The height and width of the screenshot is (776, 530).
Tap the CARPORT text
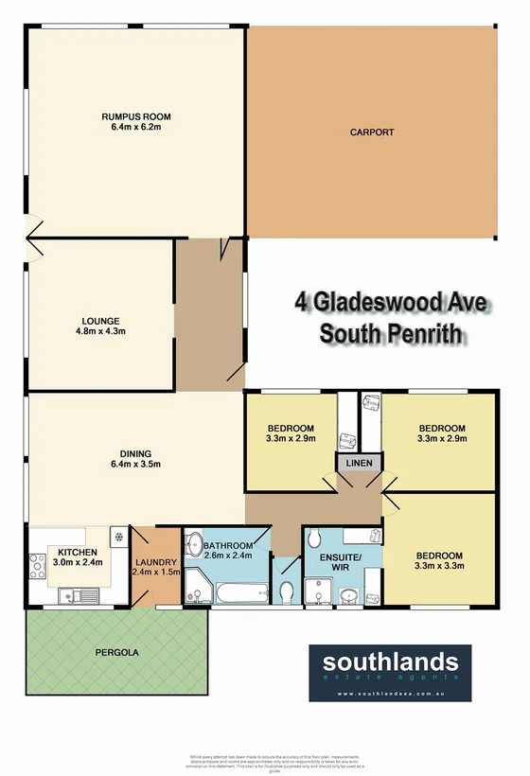371,132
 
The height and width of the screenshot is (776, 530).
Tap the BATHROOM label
227,551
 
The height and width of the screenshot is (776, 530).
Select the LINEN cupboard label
360,463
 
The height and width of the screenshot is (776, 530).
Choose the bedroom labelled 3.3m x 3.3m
439,560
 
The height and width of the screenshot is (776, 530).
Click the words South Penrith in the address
390,333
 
